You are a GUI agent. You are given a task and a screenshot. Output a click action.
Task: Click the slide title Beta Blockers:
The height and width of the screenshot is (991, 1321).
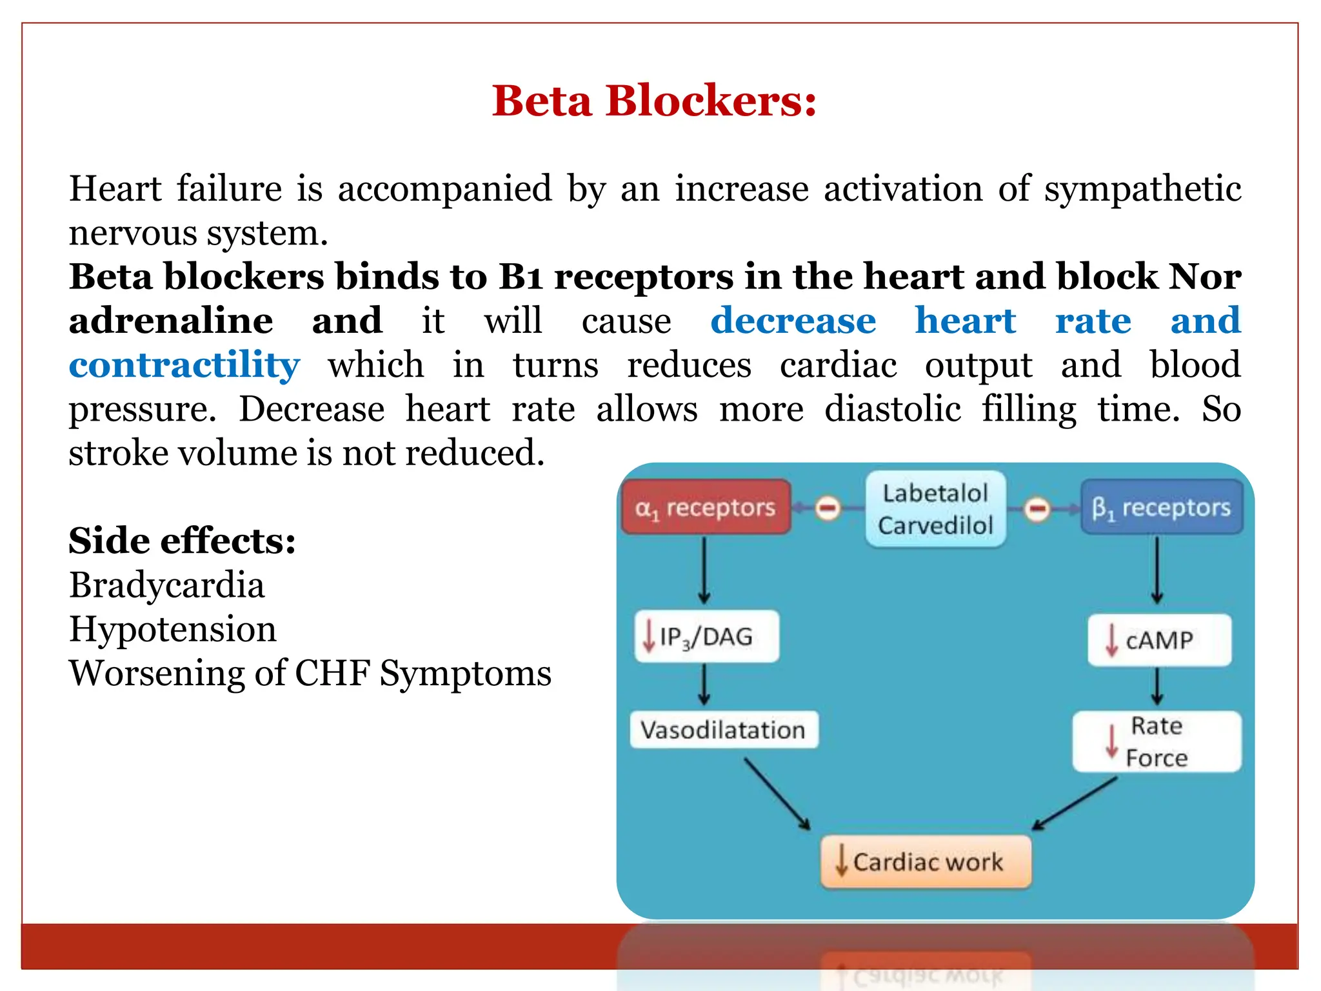654,101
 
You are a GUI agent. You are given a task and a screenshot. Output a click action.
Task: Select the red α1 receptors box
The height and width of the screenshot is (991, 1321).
706,508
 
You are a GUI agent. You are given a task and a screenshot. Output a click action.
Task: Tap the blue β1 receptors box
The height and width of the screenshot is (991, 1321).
1162,508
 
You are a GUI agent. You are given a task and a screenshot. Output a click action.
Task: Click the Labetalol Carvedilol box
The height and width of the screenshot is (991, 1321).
935,509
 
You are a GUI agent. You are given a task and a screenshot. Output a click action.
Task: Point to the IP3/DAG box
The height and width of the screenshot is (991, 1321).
706,637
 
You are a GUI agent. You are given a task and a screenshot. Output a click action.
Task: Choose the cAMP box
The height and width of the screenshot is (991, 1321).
1159,640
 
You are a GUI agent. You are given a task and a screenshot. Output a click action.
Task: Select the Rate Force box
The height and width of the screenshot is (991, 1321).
1157,742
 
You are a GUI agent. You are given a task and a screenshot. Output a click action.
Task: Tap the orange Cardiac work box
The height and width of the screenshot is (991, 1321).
926,862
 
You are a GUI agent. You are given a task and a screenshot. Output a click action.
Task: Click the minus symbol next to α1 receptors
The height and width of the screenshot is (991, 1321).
828,508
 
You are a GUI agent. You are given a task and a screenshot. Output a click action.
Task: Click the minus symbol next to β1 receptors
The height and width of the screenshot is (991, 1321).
1037,509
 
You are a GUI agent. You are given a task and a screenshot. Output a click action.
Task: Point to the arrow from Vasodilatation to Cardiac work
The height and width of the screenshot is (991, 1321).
777,794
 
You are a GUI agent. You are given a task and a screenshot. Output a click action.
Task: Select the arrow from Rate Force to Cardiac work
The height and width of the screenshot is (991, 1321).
1075,803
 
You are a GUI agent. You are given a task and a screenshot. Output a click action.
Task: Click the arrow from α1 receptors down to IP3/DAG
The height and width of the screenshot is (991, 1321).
704,570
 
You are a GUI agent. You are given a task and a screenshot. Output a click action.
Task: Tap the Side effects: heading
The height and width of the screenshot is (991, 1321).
182,541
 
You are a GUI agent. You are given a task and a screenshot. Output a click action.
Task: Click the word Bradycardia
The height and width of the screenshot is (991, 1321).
167,585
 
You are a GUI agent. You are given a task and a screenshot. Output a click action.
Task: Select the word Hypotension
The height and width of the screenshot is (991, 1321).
172,629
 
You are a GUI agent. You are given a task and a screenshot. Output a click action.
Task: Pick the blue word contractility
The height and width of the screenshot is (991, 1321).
184,365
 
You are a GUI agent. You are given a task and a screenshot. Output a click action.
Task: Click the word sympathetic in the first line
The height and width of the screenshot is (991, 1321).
1142,190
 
